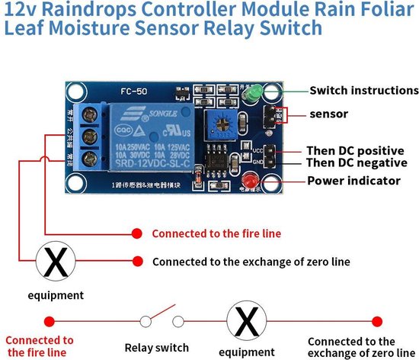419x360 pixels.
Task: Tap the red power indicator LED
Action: pos(251,182)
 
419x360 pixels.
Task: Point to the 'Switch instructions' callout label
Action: pos(363,91)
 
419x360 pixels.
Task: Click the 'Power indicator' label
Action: pos(353,181)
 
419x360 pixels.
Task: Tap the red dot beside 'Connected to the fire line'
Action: pos(137,233)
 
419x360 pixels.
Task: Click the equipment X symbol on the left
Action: pos(56,262)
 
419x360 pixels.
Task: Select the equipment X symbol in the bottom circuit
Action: pos(246,321)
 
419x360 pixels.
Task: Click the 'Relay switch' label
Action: pos(156,348)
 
